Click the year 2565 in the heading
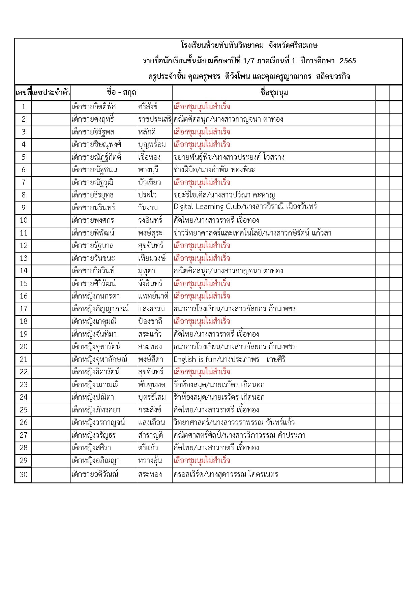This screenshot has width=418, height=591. [x=348, y=61]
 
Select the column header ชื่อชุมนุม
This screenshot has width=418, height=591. [x=274, y=93]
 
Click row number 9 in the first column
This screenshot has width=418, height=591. [x=23, y=208]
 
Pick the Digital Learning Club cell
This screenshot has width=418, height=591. [x=245, y=207]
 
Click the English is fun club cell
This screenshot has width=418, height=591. [x=229, y=360]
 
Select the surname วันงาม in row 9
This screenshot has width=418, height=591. [x=148, y=208]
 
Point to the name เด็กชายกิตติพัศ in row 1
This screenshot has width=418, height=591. [x=93, y=107]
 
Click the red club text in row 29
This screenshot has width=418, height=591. [x=202, y=461]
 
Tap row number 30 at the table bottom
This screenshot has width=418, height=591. [x=23, y=475]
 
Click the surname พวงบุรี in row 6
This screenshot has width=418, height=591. [x=148, y=170]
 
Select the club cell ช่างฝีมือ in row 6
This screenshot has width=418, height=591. [x=214, y=170]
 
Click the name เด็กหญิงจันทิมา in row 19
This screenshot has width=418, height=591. [x=94, y=334]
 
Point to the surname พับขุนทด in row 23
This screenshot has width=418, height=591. [x=151, y=385]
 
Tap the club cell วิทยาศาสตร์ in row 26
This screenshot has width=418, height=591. [x=234, y=423]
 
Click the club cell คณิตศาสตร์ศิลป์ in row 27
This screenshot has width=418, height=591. [x=239, y=435]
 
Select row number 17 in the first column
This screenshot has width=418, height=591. [x=23, y=309]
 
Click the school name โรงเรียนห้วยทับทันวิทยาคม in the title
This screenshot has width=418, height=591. [x=222, y=45]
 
